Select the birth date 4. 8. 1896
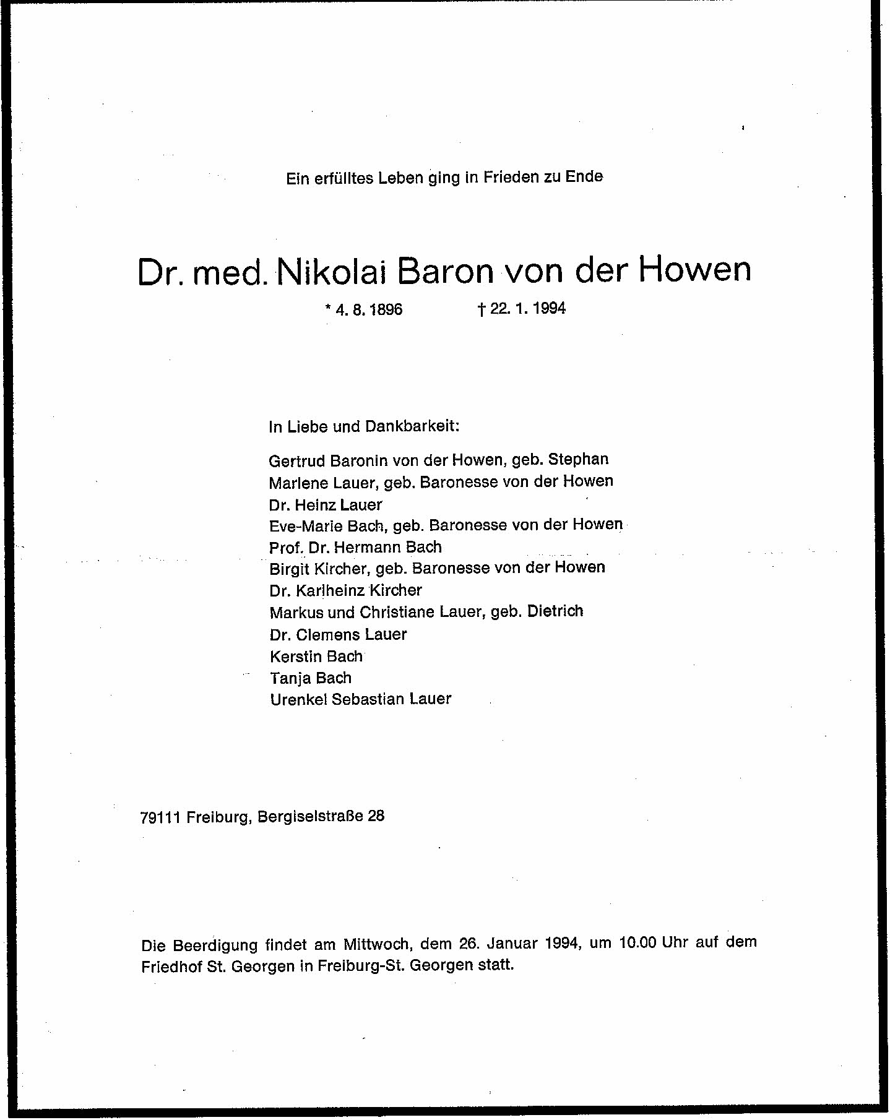[x=369, y=309]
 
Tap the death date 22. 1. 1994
[x=527, y=308]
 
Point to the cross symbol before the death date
[x=480, y=309]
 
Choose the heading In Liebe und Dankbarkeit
[x=364, y=426]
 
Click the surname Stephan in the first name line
[x=578, y=459]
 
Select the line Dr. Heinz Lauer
[x=326, y=505]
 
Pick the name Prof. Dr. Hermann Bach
[x=355, y=547]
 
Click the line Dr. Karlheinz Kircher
[x=345, y=590]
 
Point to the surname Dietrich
[x=555, y=611]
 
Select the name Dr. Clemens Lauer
[x=338, y=634]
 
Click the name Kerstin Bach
[x=316, y=656]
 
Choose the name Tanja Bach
[x=311, y=678]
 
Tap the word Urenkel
[x=299, y=699]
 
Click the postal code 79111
[x=160, y=817]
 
